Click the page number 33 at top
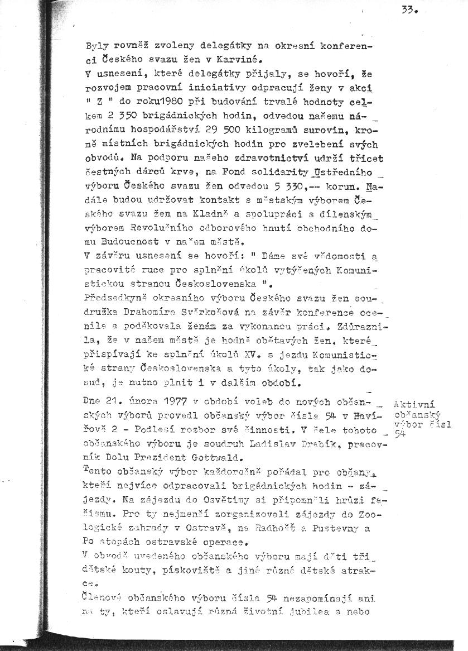tap(409, 9)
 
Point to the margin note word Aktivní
tap(414, 404)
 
